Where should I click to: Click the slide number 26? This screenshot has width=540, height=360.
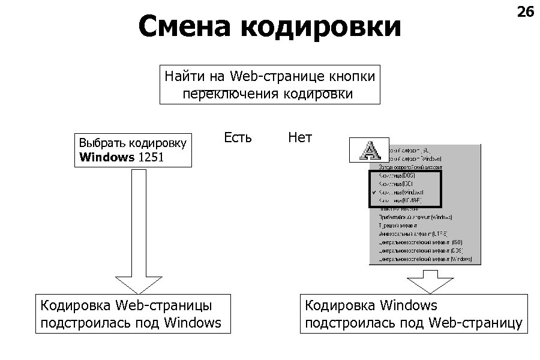click(x=525, y=11)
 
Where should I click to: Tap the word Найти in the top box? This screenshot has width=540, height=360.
click(x=184, y=76)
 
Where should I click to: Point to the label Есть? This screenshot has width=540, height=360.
click(x=238, y=137)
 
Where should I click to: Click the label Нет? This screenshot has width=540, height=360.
click(x=300, y=137)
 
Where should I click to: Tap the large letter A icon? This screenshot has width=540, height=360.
click(x=368, y=149)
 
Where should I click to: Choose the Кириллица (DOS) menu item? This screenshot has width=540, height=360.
click(x=397, y=175)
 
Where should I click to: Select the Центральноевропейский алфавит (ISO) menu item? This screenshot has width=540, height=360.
click(x=420, y=242)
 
